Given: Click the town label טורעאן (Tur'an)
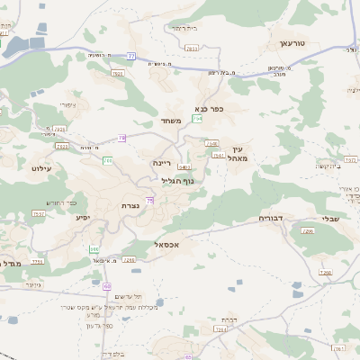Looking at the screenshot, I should pos(293,42).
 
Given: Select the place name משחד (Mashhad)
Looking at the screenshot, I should pos(171,121).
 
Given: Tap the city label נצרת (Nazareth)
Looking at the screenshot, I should pos(130,205).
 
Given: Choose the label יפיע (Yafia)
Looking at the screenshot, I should pos(83,217).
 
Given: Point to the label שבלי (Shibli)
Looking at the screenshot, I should pos(330,218).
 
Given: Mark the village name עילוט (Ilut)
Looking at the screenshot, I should pos(43,167).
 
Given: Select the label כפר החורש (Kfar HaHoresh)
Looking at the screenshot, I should pos(56,202).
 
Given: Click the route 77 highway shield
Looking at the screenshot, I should pos(131,56).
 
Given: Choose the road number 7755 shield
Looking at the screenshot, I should pos(38,261).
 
